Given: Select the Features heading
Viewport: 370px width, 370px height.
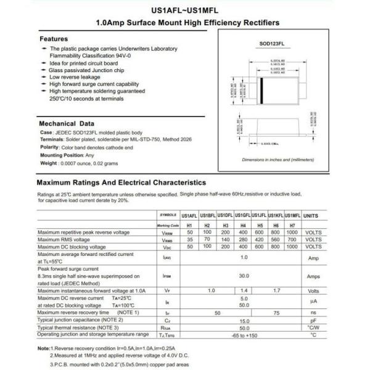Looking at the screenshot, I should (54, 38).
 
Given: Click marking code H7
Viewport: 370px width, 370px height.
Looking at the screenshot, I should (293, 226).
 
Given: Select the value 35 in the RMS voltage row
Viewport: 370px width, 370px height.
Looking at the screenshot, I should (190, 239).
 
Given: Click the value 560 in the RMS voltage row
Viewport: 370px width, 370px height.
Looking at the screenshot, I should (276, 239).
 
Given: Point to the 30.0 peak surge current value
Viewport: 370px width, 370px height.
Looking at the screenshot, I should (244, 276).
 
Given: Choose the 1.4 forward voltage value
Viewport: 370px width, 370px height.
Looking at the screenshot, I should (244, 290).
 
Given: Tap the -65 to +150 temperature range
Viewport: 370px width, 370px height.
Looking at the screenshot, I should (244, 334).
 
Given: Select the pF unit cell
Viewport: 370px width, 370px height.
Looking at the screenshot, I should (313, 321).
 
